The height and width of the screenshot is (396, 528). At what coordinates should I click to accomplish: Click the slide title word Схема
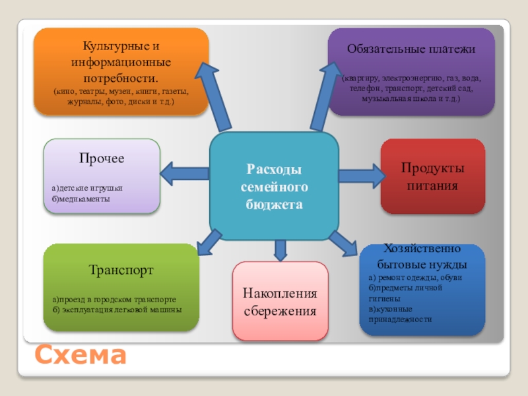(80, 356)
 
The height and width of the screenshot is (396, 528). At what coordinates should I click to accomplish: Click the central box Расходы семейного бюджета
(274, 187)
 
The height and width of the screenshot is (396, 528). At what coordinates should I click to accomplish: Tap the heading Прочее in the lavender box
(102, 159)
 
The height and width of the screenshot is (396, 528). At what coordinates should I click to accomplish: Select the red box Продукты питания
(432, 176)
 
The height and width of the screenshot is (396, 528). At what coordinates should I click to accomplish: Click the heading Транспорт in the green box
(121, 270)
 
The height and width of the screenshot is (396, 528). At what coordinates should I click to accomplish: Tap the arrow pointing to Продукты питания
(361, 176)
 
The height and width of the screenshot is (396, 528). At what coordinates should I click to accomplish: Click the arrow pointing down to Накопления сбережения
(280, 249)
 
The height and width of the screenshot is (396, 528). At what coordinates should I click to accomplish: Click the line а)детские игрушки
(86, 188)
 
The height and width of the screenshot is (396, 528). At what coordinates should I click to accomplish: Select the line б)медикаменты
(81, 198)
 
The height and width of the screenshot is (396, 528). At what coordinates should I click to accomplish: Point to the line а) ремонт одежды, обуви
(415, 277)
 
